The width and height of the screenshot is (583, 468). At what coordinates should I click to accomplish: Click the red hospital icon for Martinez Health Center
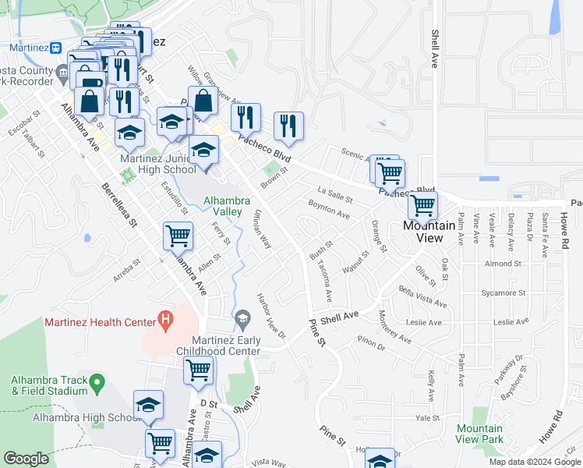pos(164,318)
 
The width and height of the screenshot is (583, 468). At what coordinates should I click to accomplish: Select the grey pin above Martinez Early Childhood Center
pos(242,318)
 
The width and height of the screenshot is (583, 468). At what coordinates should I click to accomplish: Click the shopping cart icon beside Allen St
pos(178,235)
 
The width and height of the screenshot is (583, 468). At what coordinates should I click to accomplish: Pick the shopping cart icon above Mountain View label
pos(422,205)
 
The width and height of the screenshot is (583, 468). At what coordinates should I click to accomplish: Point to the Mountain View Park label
pos(479,434)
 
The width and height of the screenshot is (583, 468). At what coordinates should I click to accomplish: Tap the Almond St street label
pos(503,264)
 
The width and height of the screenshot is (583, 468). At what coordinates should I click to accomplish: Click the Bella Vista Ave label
pos(422,296)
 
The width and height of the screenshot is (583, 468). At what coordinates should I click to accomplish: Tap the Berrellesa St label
pos(118,204)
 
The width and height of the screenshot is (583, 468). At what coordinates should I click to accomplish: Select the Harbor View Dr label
pos(272,316)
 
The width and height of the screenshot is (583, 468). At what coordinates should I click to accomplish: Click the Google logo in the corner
pos(26,459)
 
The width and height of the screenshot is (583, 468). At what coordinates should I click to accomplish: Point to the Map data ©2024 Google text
pos(534,462)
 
